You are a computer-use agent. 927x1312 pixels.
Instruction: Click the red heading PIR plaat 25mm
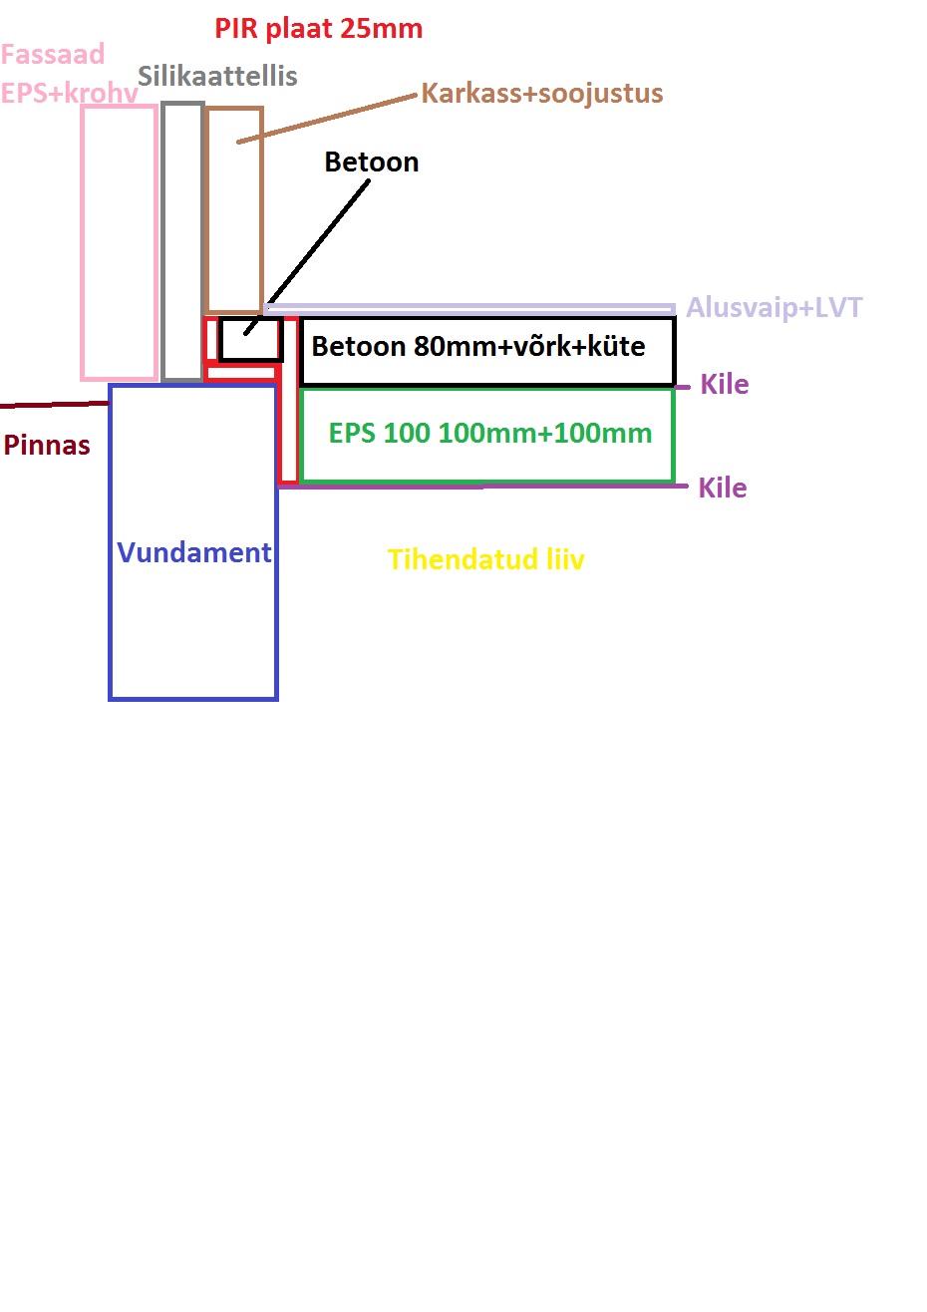[x=318, y=28]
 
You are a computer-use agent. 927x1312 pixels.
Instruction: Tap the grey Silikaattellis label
[x=217, y=76]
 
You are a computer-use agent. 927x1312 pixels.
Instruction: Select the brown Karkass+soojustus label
[x=541, y=94]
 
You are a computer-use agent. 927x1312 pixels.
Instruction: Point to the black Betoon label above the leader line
[x=371, y=162]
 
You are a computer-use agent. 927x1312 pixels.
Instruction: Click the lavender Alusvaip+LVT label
[x=773, y=307]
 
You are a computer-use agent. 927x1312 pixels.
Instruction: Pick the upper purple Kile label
[x=724, y=384]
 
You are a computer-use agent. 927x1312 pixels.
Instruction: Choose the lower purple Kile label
[x=722, y=488]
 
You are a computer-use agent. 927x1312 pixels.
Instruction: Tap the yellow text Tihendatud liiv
[x=485, y=559]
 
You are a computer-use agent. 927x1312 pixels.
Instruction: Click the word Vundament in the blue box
[x=193, y=552]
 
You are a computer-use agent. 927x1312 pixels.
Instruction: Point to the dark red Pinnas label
[x=47, y=445]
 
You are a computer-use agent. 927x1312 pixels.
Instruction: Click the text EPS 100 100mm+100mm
[x=489, y=434]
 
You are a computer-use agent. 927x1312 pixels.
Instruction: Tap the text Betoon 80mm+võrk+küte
[x=478, y=347]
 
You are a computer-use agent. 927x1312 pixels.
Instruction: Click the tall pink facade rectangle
[x=120, y=242]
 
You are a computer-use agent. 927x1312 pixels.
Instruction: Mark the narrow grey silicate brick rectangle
[x=182, y=241]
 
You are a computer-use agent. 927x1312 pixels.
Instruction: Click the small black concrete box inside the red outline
[x=251, y=339]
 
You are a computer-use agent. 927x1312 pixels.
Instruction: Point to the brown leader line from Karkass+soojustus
[x=329, y=118]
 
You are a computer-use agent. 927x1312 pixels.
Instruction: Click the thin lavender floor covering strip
[x=468, y=307]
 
